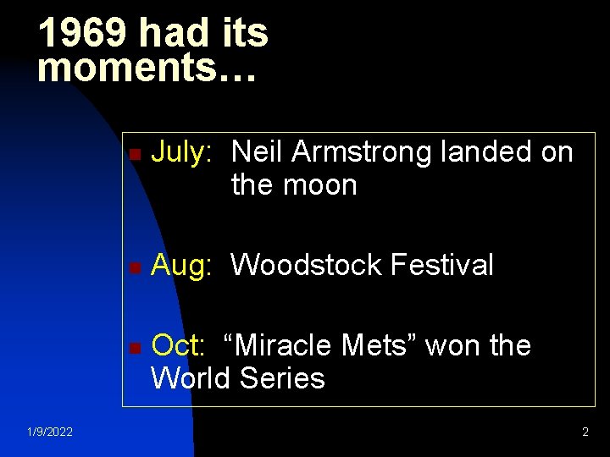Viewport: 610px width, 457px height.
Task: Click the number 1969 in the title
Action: tap(83, 34)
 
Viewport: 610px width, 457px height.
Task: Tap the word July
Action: tap(180, 152)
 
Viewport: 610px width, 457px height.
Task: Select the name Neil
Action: tap(258, 152)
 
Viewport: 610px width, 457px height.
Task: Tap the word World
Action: tap(191, 377)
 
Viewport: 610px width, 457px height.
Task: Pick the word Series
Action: tap(282, 377)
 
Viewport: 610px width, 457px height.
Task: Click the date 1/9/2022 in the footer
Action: tap(49, 432)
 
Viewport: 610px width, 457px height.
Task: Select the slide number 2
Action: tap(585, 432)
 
